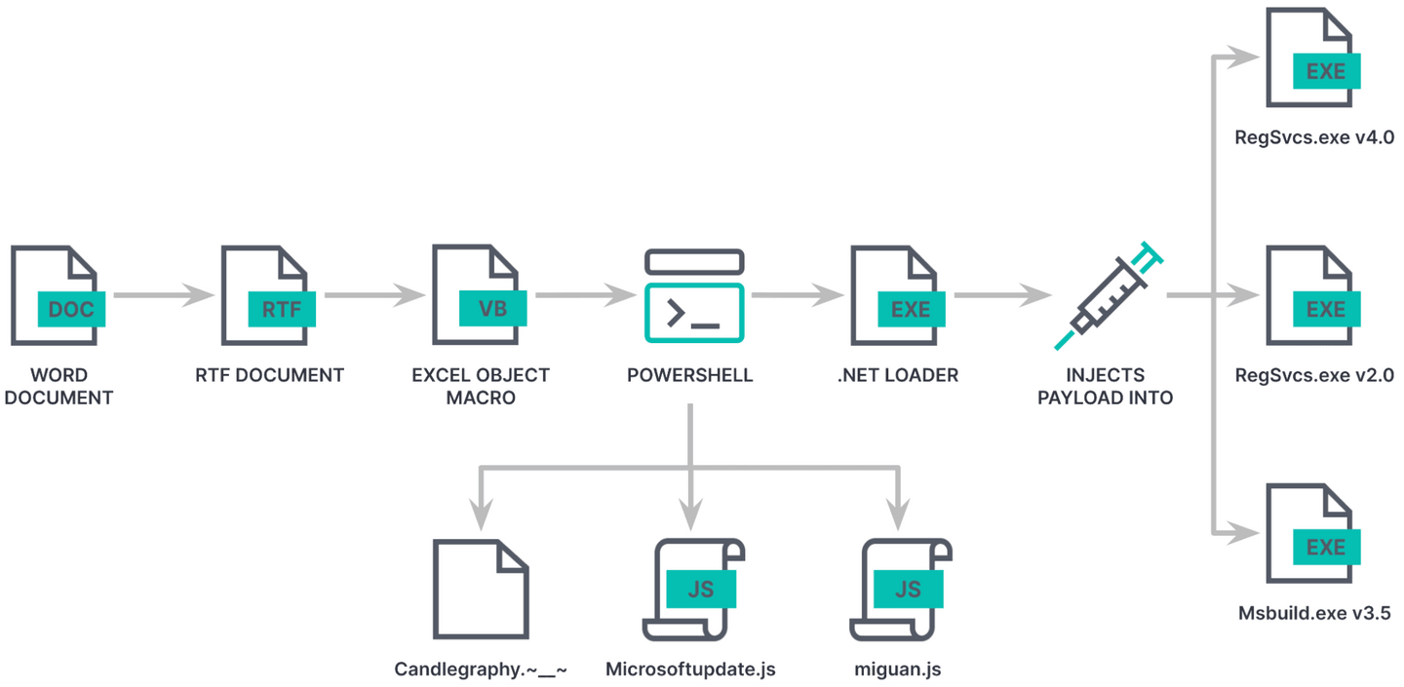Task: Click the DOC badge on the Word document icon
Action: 70,309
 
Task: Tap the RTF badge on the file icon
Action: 282,309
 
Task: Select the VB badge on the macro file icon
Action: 492,309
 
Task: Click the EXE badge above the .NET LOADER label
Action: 911,309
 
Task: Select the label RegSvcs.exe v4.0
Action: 1313,137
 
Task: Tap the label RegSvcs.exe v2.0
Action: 1313,375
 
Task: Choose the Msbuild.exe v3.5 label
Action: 1313,613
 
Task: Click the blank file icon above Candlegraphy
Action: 481,589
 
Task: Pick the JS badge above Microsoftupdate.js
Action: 700,590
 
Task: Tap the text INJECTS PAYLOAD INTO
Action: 1105,386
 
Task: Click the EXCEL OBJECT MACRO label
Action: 481,386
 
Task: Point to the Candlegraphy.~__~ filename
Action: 481,669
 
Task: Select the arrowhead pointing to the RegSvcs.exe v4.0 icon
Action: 1244,57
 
